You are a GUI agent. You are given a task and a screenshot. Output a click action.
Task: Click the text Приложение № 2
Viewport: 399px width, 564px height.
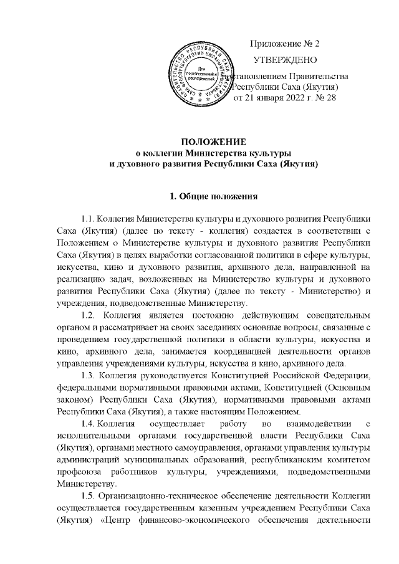284,44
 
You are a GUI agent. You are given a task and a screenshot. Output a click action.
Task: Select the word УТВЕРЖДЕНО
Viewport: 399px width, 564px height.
284,60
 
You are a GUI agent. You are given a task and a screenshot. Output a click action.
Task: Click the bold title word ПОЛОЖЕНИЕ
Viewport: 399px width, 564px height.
214,143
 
